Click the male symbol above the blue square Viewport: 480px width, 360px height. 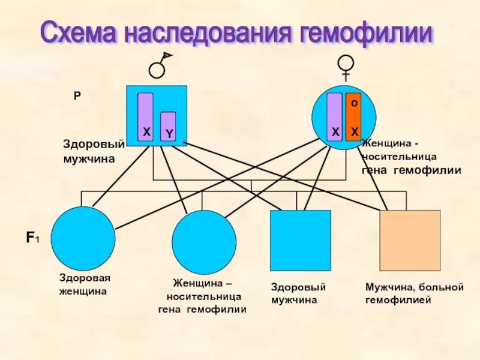(159, 66)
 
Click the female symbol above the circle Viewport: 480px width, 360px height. (346, 65)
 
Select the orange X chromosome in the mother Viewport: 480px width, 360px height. (353, 117)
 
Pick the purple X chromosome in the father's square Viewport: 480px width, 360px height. (146, 117)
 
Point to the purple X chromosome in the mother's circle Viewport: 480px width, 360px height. (335, 117)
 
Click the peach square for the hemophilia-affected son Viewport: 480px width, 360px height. (410, 241)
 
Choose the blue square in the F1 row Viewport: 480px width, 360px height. (301, 241)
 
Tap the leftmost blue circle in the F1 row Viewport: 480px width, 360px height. (83, 238)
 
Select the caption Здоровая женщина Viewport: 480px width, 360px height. (85, 285)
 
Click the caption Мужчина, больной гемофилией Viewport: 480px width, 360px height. (415, 293)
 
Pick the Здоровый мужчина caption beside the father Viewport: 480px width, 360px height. (93, 151)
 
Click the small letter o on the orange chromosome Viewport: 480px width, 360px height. (353, 103)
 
